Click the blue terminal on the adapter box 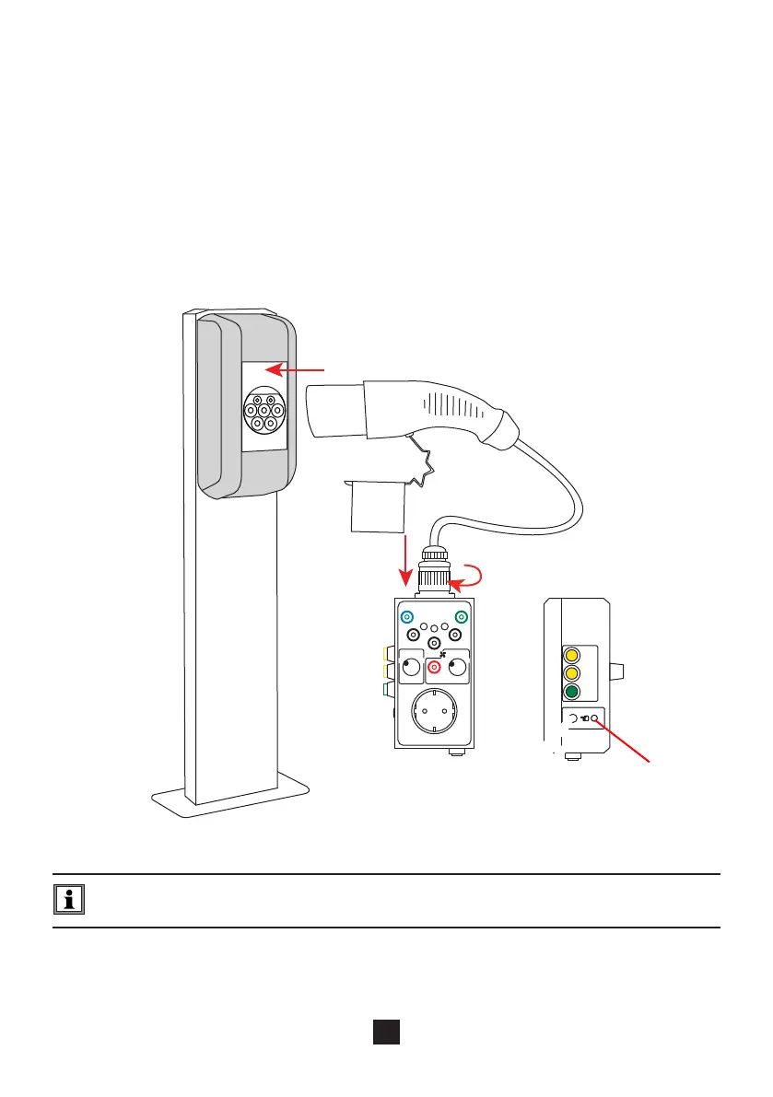coord(407,618)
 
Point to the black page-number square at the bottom coord(385,1033)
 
